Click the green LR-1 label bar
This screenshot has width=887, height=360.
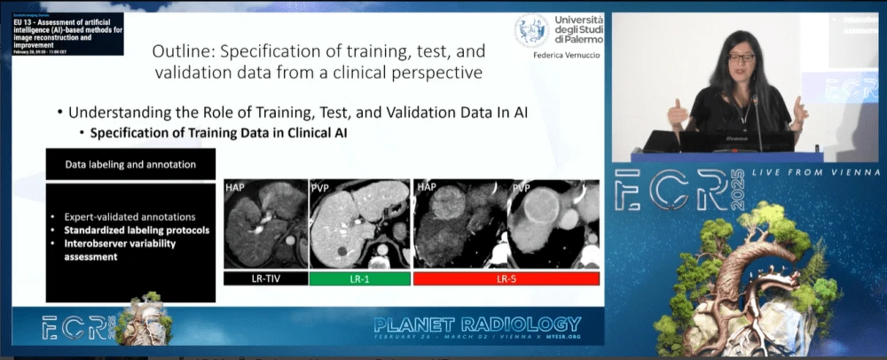pyautogui.click(x=360, y=278)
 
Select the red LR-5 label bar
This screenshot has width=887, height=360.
pyautogui.click(x=506, y=278)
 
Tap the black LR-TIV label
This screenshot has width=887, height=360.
pyautogui.click(x=264, y=278)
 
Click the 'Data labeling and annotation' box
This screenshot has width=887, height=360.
pyautogui.click(x=130, y=164)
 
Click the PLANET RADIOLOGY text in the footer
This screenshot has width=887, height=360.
pyautogui.click(x=477, y=325)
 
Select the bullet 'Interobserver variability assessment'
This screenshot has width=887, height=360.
pyautogui.click(x=118, y=250)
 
